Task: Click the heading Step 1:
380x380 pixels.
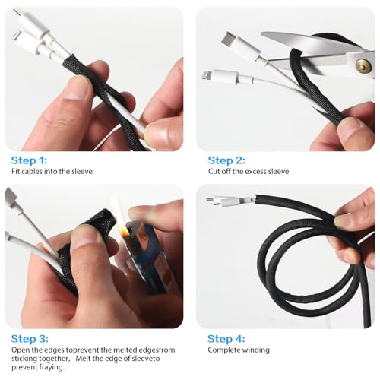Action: pyautogui.click(x=29, y=160)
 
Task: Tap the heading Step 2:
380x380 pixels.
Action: pyautogui.click(x=226, y=160)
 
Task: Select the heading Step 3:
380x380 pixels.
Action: pyautogui.click(x=30, y=339)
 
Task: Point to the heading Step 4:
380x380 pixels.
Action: pyautogui.click(x=226, y=339)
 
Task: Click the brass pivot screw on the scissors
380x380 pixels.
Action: pyautogui.click(x=363, y=65)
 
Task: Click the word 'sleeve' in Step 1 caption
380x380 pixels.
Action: pyautogui.click(x=82, y=172)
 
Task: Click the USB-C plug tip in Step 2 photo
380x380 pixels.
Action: pyautogui.click(x=226, y=37)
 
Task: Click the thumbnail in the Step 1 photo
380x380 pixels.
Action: pyautogui.click(x=75, y=88)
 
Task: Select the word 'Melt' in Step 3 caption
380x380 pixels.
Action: pyautogui.click(x=83, y=359)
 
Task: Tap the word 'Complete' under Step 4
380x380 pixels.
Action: pyautogui.click(x=223, y=350)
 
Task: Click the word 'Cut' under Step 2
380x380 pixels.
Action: pyautogui.click(x=214, y=172)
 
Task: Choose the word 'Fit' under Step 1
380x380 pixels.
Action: pyautogui.click(x=15, y=172)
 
